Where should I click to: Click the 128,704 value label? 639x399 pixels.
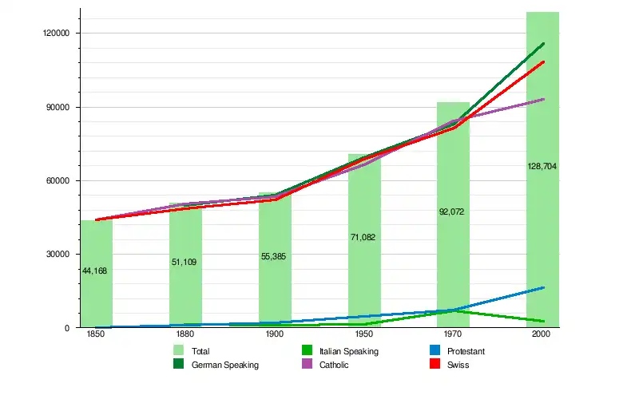click(x=542, y=166)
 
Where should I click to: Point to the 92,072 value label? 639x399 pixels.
click(x=452, y=212)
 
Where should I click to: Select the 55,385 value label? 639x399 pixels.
click(x=274, y=256)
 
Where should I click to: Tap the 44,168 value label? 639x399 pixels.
click(x=95, y=271)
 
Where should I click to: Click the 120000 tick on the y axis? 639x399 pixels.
click(x=58, y=34)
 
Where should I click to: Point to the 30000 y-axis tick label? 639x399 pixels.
click(x=60, y=255)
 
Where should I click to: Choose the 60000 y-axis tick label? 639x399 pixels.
click(x=60, y=181)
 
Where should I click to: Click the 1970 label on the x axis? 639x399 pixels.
click(x=453, y=336)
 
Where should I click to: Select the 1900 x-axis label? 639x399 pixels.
click(x=274, y=336)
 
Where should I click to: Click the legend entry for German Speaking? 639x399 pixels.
click(x=224, y=365)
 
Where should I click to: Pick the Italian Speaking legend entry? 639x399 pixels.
click(x=348, y=351)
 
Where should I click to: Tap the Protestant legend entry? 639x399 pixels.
click(x=466, y=351)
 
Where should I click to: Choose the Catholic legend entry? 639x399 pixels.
click(x=334, y=365)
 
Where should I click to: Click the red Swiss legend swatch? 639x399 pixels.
click(x=436, y=365)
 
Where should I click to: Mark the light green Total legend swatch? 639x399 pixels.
click(x=178, y=351)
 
